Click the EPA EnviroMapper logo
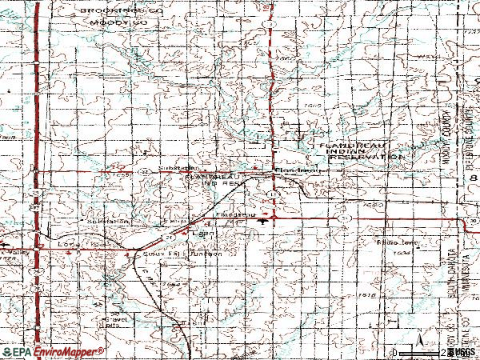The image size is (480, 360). [x=53, y=351]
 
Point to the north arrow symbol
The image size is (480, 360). [x=418, y=344]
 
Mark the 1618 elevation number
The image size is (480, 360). [x=367, y=295]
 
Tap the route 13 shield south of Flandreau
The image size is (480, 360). [x=274, y=194]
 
